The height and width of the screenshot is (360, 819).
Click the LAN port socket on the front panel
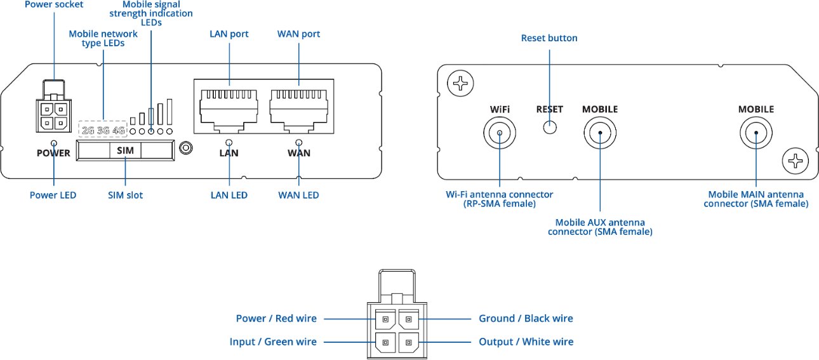point(229,106)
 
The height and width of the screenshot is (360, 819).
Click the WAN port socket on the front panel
point(299,106)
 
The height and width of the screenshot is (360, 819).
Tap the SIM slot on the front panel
point(125,150)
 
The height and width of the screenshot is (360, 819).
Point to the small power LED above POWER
point(53,143)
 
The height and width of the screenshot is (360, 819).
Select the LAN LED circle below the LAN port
point(229,143)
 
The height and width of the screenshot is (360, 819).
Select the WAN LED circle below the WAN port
point(299,143)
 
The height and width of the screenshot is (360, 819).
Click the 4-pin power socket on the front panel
point(53,114)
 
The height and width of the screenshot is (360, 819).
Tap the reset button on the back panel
point(550,127)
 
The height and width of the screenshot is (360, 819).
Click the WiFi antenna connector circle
point(500,133)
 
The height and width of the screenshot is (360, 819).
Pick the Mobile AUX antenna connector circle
point(600,133)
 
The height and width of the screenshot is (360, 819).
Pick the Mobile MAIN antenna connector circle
point(756,133)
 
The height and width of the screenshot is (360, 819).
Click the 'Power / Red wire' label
point(276,318)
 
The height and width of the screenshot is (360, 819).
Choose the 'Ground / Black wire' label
point(526,318)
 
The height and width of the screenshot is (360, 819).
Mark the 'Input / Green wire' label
point(273,342)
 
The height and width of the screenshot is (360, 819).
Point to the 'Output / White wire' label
point(526,342)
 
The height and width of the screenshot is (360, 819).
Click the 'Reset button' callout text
point(549,38)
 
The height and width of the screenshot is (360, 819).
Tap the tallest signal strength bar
point(170,112)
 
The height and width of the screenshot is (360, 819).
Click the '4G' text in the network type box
point(119,131)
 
